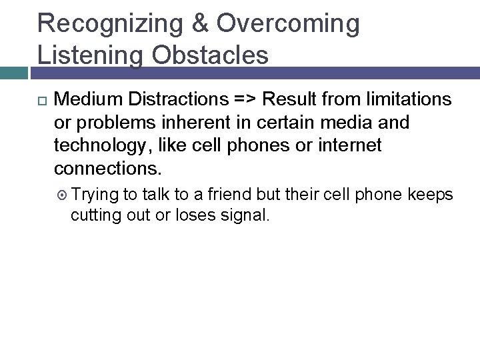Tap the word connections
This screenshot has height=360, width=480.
(107, 168)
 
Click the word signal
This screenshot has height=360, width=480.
(246, 215)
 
